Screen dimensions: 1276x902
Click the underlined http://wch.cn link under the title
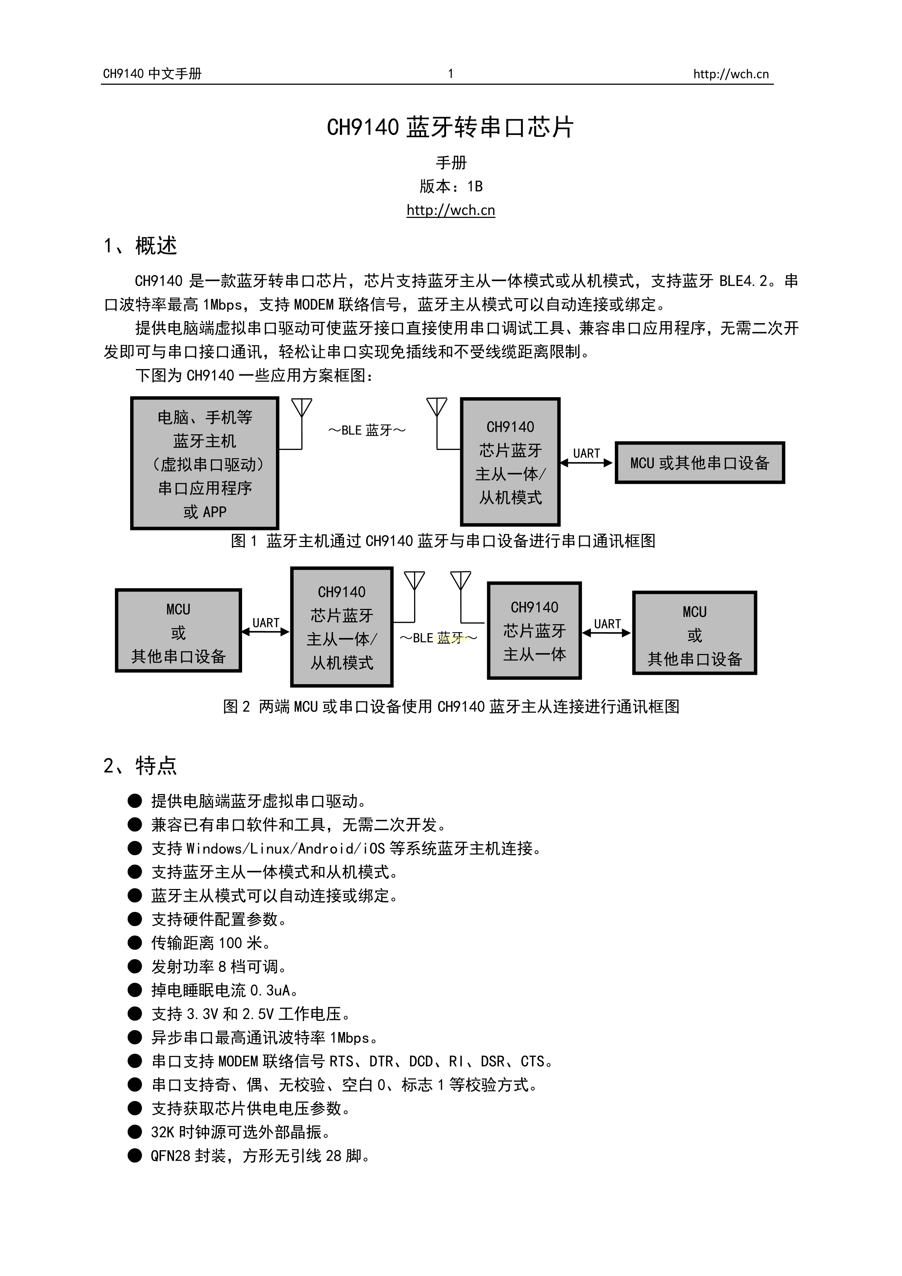[x=450, y=210]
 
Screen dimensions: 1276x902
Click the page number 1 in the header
[x=450, y=73]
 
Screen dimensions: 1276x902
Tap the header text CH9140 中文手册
[x=152, y=73]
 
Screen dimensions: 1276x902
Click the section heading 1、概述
[x=141, y=246]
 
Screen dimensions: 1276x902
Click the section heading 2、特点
[x=141, y=765]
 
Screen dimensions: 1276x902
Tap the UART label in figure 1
[x=586, y=454]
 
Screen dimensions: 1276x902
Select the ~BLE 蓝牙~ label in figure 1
[x=367, y=431]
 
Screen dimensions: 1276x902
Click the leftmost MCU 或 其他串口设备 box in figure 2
[x=178, y=631]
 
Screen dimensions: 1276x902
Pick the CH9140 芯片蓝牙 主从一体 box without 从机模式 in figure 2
[x=534, y=631]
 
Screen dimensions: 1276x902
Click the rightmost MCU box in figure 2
[x=694, y=634]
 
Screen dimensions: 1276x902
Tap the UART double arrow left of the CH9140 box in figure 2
[x=265, y=631]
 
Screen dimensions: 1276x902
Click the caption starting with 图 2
[x=450, y=706]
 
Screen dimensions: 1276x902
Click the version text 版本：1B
[x=450, y=186]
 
